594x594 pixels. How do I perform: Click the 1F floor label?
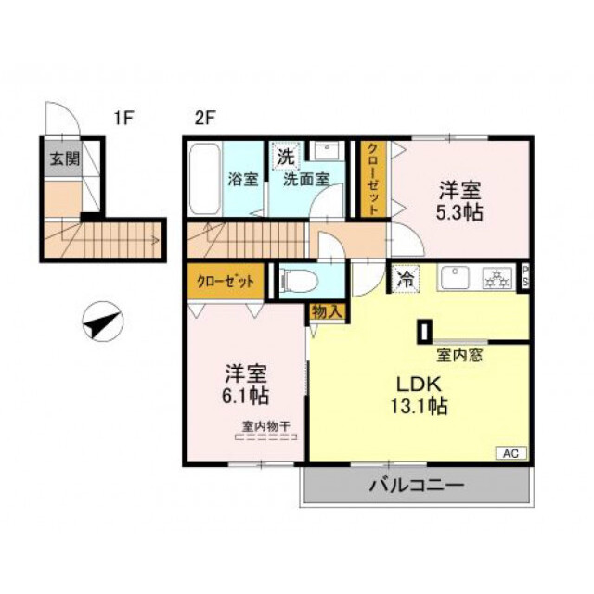124,118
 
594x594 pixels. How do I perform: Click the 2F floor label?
204,118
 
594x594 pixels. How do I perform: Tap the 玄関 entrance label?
64,158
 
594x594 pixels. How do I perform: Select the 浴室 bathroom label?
244,179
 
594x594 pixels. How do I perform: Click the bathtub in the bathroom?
203,179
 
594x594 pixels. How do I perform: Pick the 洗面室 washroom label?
306,179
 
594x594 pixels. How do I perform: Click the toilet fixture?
299,280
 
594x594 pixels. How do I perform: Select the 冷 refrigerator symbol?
405,275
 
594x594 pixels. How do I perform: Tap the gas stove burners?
496,277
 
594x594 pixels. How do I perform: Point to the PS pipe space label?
525,277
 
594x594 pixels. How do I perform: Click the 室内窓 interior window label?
458,353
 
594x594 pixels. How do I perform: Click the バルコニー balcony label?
415,485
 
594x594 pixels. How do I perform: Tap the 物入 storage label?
326,312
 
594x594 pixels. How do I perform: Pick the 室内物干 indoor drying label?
266,426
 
